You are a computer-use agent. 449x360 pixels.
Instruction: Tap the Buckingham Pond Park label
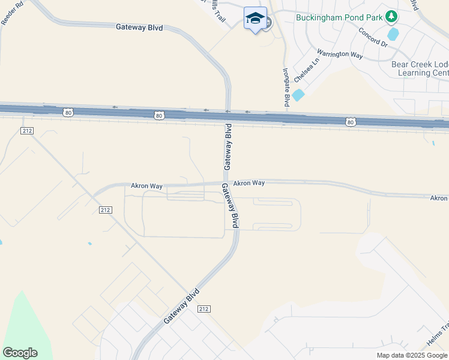point(339,17)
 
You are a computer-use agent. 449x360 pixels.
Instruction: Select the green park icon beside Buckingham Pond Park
point(392,16)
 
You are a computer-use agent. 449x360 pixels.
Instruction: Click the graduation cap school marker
point(255,19)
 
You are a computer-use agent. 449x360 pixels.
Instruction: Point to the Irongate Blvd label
point(286,88)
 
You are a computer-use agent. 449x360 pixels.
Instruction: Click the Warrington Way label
point(340,55)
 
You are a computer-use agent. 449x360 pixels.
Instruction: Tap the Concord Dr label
point(373,37)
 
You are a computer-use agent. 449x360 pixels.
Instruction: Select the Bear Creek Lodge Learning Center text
point(420,68)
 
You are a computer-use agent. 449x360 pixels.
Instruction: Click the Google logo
point(20,353)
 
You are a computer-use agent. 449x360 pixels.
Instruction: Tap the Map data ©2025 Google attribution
point(412,355)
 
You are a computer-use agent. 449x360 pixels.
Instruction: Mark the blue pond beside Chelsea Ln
point(298,95)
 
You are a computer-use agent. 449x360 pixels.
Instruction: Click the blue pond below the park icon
point(393,34)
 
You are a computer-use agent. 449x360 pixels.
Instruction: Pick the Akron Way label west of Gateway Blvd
point(147,186)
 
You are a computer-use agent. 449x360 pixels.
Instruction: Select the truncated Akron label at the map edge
point(439,197)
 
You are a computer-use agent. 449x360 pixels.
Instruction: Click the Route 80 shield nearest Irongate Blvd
point(351,122)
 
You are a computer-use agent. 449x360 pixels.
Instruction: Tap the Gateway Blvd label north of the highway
point(139,26)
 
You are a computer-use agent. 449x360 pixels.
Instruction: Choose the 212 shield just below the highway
point(26,130)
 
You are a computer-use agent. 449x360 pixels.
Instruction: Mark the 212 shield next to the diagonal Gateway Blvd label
point(203,308)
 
